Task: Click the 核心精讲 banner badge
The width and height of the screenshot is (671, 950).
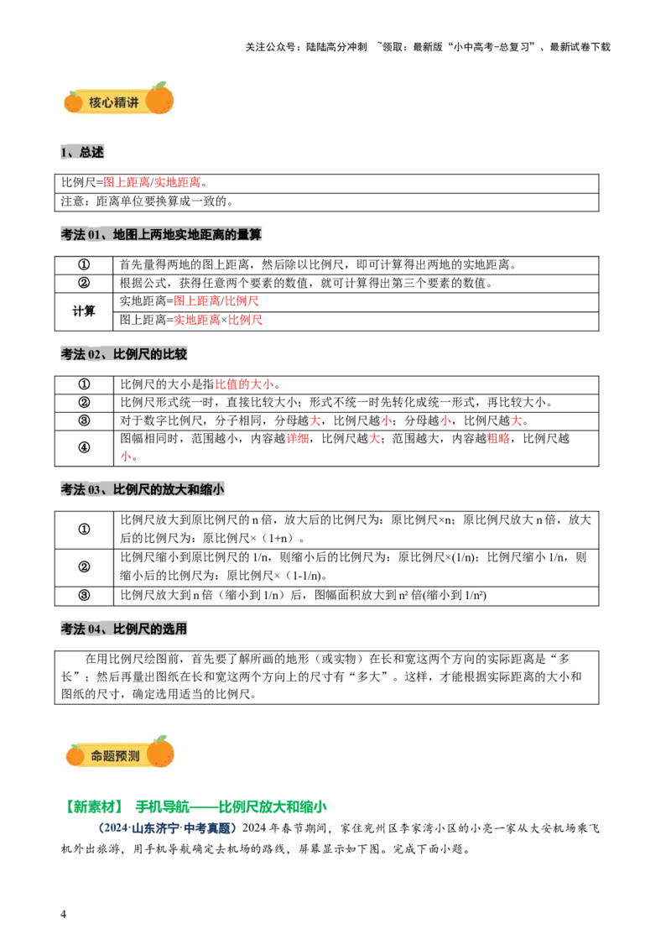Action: [x=119, y=100]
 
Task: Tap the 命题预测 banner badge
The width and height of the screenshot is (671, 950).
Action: [x=120, y=753]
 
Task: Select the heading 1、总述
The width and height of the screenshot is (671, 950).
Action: [x=82, y=152]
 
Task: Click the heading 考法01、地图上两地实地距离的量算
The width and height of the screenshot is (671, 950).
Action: [x=161, y=234]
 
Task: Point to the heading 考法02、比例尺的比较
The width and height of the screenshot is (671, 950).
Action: [x=124, y=354]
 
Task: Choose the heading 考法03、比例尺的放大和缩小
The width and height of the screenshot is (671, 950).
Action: [x=143, y=489]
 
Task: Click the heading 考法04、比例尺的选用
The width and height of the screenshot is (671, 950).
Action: [x=124, y=629]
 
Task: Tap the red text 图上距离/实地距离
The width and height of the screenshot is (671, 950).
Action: [x=152, y=182]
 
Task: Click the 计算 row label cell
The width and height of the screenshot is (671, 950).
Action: [x=84, y=311]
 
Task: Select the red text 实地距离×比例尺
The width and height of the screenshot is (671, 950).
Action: [x=218, y=320]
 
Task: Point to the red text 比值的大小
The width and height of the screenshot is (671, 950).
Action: [x=245, y=384]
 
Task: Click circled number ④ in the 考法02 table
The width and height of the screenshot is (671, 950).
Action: [x=84, y=448]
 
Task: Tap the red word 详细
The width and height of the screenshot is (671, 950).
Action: [x=298, y=438]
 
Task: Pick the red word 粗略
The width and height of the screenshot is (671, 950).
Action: [x=498, y=438]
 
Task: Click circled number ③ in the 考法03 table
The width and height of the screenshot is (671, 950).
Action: [x=84, y=595]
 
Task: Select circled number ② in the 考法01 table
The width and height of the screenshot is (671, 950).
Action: [x=84, y=283]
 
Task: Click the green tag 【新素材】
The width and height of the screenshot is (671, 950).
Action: [x=94, y=806]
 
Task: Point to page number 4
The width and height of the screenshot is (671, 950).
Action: [x=63, y=914]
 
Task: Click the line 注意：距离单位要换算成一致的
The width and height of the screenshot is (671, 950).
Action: [x=147, y=201]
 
